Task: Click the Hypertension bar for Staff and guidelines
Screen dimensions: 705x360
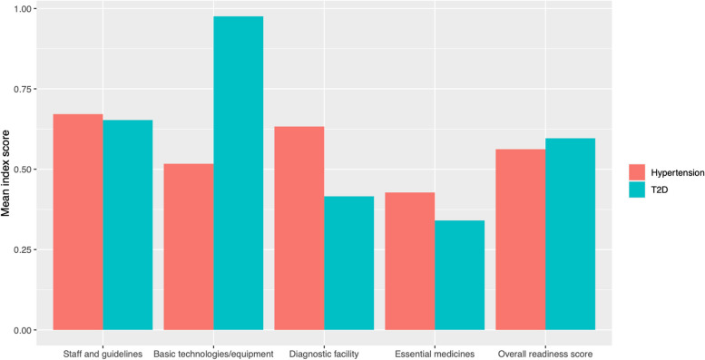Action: [78, 222]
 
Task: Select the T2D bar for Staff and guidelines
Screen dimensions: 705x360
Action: [128, 225]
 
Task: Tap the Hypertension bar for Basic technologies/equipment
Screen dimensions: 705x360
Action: [189, 247]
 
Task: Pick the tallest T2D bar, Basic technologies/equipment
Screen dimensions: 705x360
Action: [239, 173]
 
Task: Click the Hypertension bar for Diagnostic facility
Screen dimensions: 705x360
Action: [299, 229]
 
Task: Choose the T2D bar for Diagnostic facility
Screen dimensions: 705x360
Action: [349, 263]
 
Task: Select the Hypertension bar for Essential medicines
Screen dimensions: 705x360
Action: [410, 261]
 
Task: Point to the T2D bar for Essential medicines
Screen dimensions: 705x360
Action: [459, 275]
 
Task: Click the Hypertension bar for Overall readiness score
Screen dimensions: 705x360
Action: [521, 239]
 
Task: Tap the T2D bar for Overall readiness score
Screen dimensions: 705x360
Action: [570, 234]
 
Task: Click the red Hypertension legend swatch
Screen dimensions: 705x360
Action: [637, 171]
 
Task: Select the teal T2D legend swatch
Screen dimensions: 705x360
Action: [637, 190]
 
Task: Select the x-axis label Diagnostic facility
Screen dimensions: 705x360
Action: [324, 355]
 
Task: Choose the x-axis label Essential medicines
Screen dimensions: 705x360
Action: [435, 355]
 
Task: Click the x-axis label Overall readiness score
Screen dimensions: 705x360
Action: [545, 355]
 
